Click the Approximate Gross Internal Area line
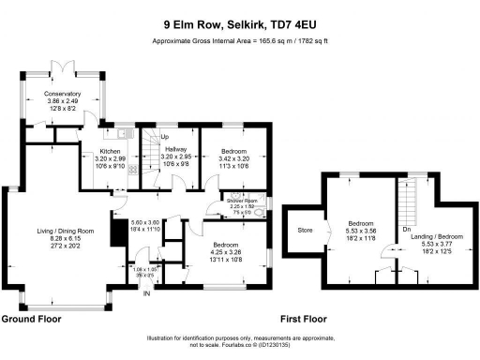239,41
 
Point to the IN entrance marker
145,293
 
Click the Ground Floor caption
31,319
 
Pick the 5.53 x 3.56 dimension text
361,235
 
